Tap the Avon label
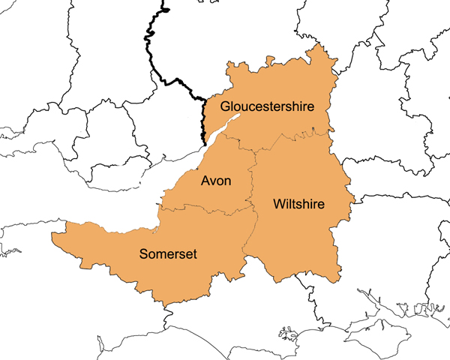[x=216, y=181]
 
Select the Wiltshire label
[x=299, y=203]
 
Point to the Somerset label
[x=168, y=254]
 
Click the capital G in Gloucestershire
[x=226, y=106]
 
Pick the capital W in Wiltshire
[x=280, y=203]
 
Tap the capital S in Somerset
[x=144, y=254]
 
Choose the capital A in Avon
[x=204, y=181]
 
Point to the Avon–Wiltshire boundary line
[x=252, y=180]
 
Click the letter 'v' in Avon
[x=213, y=181]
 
